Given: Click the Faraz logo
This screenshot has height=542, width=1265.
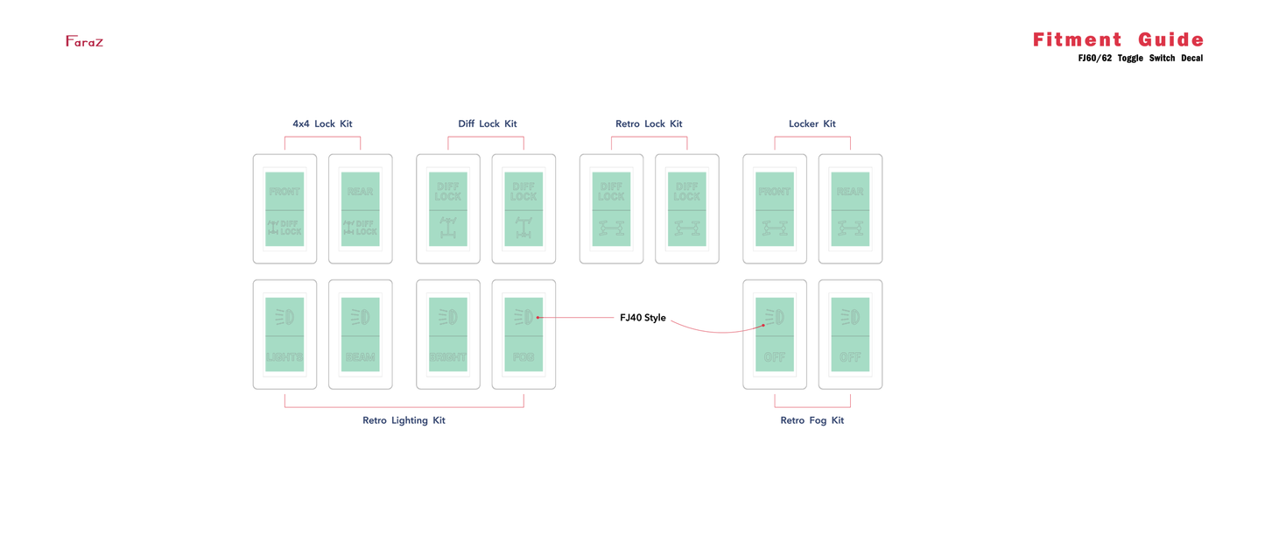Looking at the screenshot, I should click(84, 41).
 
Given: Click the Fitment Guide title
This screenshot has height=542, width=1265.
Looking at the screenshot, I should click(1118, 39).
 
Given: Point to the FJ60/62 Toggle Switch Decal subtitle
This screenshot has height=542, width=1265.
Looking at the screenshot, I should click(1140, 59).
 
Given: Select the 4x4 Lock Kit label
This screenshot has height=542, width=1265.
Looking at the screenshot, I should click(322, 124).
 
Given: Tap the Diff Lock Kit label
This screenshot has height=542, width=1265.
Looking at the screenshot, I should click(487, 124).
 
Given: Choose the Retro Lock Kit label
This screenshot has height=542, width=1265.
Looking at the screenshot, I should click(649, 124).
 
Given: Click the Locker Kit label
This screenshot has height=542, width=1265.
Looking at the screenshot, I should click(812, 124).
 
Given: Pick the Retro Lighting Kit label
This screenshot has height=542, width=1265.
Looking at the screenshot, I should click(404, 420).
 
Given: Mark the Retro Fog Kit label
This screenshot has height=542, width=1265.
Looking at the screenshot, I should click(812, 420).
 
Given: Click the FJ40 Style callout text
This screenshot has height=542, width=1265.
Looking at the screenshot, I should click(643, 318).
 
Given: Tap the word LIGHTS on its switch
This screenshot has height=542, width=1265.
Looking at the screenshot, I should click(285, 357).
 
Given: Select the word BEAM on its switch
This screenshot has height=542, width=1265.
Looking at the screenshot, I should click(360, 357).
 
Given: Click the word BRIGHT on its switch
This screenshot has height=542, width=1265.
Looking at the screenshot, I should click(447, 357).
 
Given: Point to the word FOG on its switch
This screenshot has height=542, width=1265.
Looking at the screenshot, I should click(524, 357).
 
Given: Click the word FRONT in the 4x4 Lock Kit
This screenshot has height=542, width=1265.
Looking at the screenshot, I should click(285, 192).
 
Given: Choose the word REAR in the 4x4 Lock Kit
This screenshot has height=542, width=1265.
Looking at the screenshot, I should click(360, 192).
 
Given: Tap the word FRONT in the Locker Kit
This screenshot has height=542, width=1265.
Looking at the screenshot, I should click(774, 192).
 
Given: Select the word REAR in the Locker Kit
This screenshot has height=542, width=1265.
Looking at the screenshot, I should click(850, 192).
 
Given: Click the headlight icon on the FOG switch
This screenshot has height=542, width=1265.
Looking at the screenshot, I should click(524, 317).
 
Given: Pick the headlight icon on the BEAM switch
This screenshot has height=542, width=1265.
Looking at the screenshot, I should click(360, 316).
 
